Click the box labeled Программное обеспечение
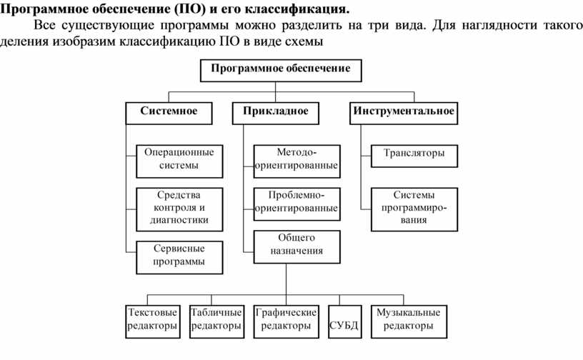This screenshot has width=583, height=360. tap(280, 69)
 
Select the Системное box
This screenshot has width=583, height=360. tap(169, 111)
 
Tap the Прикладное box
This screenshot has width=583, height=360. tap(276, 111)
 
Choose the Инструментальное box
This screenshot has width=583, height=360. tap(403, 111)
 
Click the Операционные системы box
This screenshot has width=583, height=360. tap(179, 159)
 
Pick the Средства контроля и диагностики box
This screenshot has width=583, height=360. tap(179, 207)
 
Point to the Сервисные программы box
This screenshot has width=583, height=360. tap(179, 255)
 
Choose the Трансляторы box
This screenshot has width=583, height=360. tap(414, 154)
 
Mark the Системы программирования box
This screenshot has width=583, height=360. tap(414, 207)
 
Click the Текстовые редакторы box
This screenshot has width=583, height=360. tap(152, 320)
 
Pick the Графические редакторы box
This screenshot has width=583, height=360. tap(286, 320)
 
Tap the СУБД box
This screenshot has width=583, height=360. tap(343, 324)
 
